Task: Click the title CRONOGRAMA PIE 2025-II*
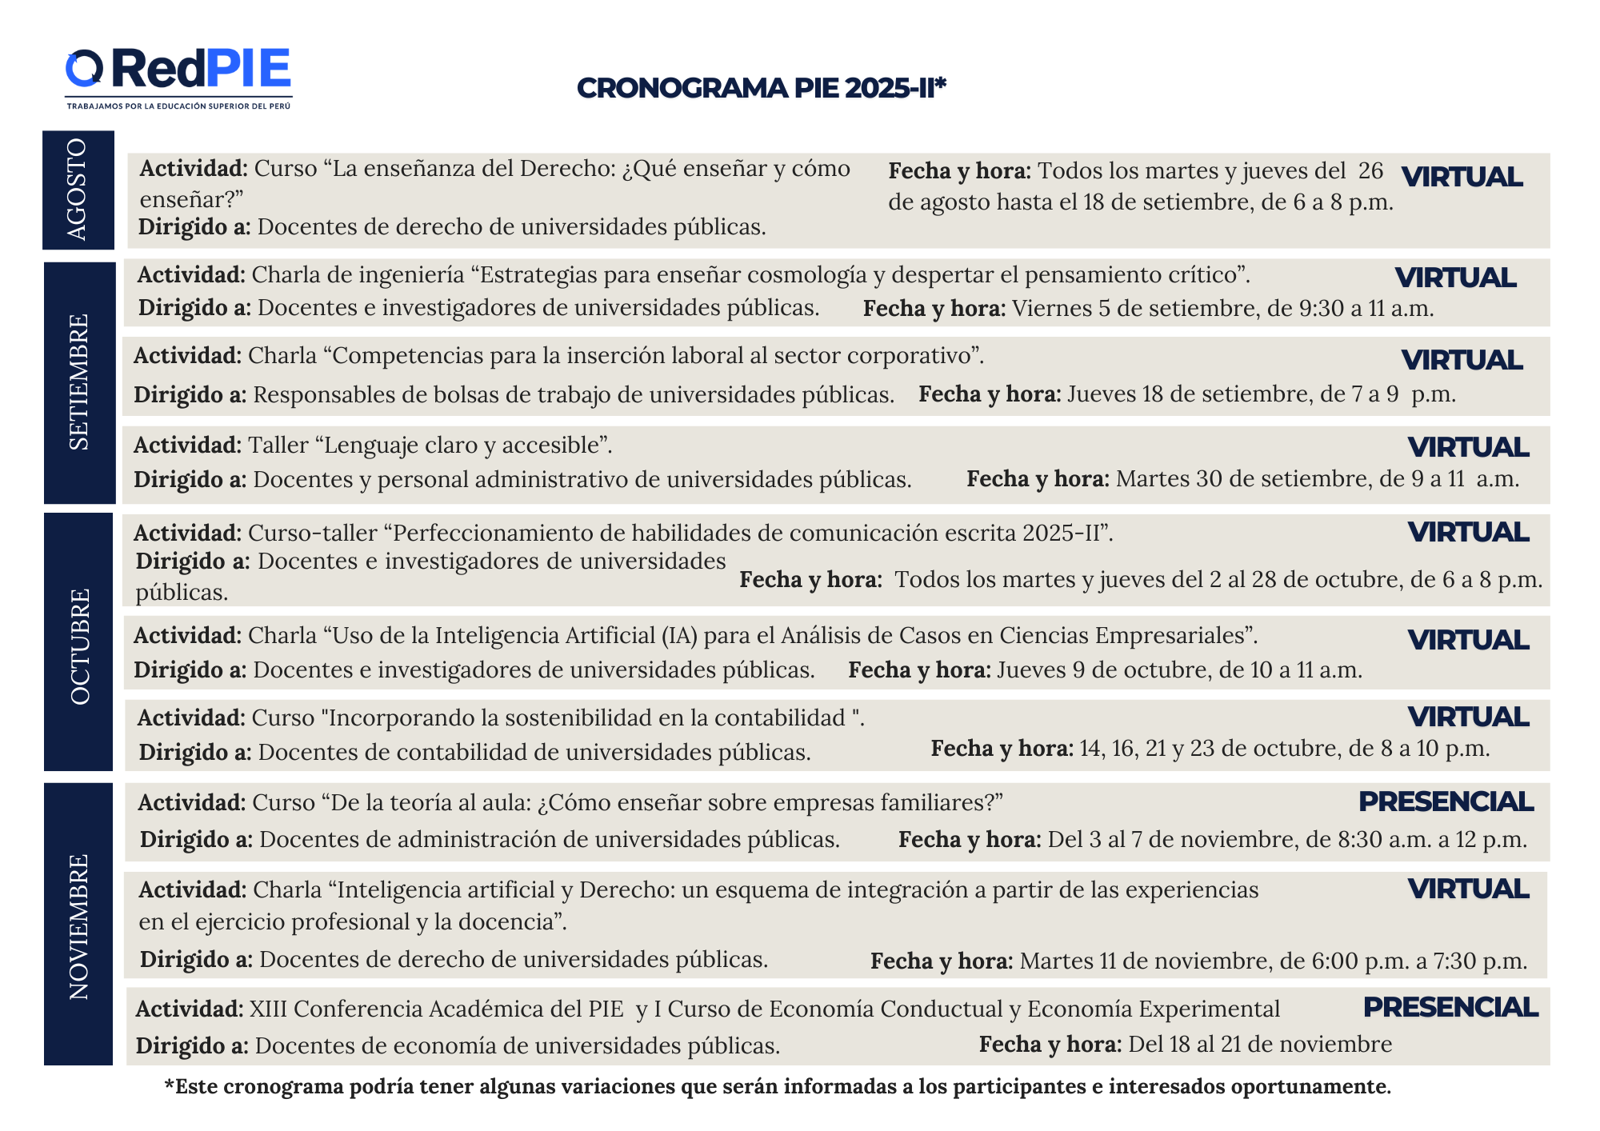[x=761, y=88]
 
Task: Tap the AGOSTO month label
[x=78, y=190]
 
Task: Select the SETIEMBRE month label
[x=79, y=382]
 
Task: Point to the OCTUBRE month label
[x=79, y=646]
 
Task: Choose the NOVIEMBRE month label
[x=78, y=926]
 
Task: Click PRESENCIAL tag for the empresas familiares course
[x=1445, y=801]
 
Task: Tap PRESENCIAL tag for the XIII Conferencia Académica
[x=1450, y=1007]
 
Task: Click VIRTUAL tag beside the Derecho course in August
[x=1462, y=177]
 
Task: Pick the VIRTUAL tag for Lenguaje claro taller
[x=1468, y=447]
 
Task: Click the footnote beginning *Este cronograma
[x=777, y=1086]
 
